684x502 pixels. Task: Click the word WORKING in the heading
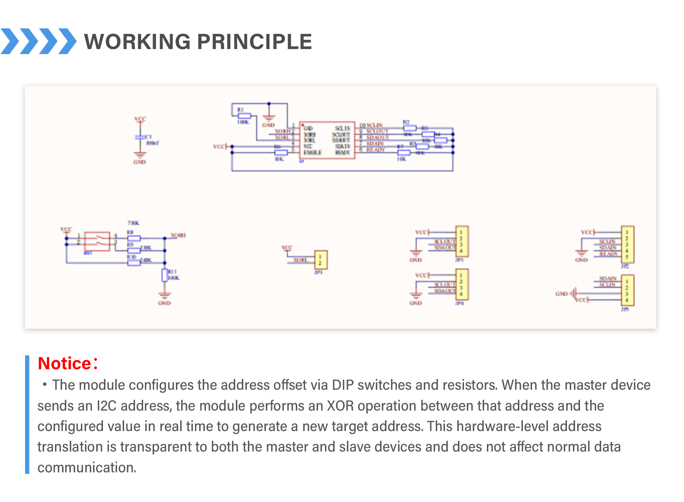(138, 42)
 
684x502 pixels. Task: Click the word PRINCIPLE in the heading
(254, 42)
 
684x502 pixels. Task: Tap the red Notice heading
(65, 363)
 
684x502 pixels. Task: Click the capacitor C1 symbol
(140, 137)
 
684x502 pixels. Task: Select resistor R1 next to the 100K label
(244, 116)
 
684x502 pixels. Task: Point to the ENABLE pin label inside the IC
(313, 153)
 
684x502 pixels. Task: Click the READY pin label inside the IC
(342, 153)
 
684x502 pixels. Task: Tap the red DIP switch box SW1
(97, 241)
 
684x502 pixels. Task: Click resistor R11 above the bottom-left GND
(165, 275)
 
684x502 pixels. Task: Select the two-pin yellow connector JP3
(321, 260)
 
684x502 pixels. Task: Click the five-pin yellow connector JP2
(627, 245)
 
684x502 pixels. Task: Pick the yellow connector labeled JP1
(462, 241)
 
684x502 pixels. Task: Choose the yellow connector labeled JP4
(462, 284)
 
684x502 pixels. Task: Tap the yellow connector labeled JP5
(627, 290)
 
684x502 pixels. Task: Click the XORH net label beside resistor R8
(178, 235)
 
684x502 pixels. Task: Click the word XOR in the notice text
(340, 406)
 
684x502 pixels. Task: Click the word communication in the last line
(87, 467)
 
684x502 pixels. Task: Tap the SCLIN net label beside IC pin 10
(374, 125)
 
